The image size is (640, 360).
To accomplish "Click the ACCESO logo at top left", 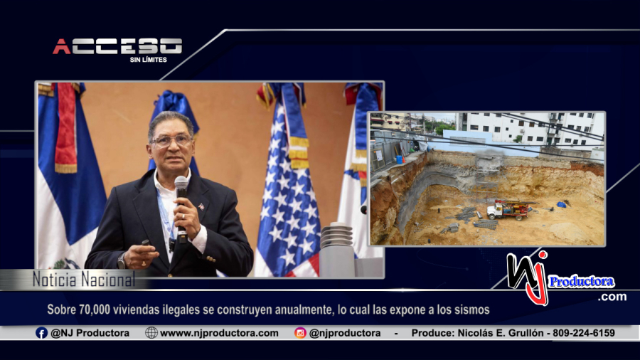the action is click(x=117, y=46).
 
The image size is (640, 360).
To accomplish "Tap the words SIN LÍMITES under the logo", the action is click(x=148, y=60).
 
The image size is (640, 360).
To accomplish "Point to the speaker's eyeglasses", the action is click(x=171, y=141).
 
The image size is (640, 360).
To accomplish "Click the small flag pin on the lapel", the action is click(x=201, y=206).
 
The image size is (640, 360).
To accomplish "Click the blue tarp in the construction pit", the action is click(x=562, y=204).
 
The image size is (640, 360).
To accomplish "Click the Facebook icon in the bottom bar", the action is click(x=41, y=333).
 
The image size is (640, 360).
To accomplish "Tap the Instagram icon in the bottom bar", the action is click(x=300, y=333).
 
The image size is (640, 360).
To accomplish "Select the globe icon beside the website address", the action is click(x=151, y=333).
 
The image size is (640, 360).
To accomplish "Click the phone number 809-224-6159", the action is click(x=584, y=333).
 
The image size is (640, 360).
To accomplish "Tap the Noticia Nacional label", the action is click(x=84, y=280).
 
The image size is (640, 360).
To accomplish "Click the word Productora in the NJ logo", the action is click(x=581, y=282).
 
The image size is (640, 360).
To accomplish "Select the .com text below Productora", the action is click(x=612, y=297).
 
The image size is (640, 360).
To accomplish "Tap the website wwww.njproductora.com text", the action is click(x=219, y=333).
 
